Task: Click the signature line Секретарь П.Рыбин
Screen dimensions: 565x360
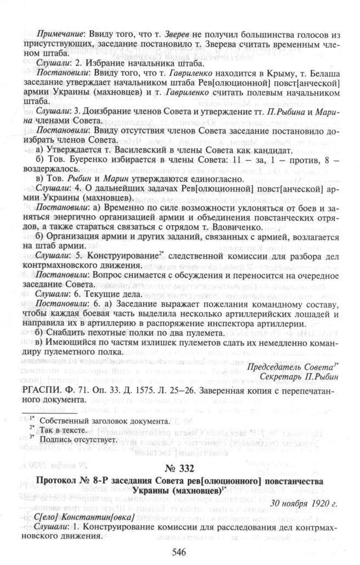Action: point(295,376)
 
